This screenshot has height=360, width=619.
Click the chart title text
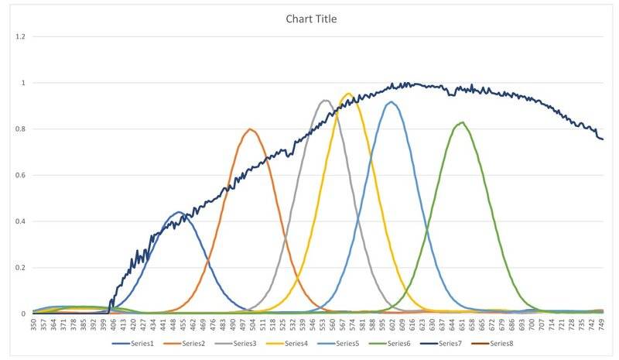point(309,19)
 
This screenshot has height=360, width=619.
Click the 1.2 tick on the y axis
point(20,36)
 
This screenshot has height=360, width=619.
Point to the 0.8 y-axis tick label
point(20,129)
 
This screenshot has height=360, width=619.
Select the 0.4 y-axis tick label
point(20,221)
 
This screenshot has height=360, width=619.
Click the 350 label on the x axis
point(34,323)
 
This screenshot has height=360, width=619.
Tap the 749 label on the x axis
point(602,323)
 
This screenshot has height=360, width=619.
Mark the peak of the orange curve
point(250,129)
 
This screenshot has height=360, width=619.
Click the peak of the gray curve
point(325,101)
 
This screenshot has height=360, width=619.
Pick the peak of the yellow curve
point(349,94)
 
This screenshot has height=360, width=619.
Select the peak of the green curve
point(462,122)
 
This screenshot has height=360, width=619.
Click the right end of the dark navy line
point(603,139)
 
